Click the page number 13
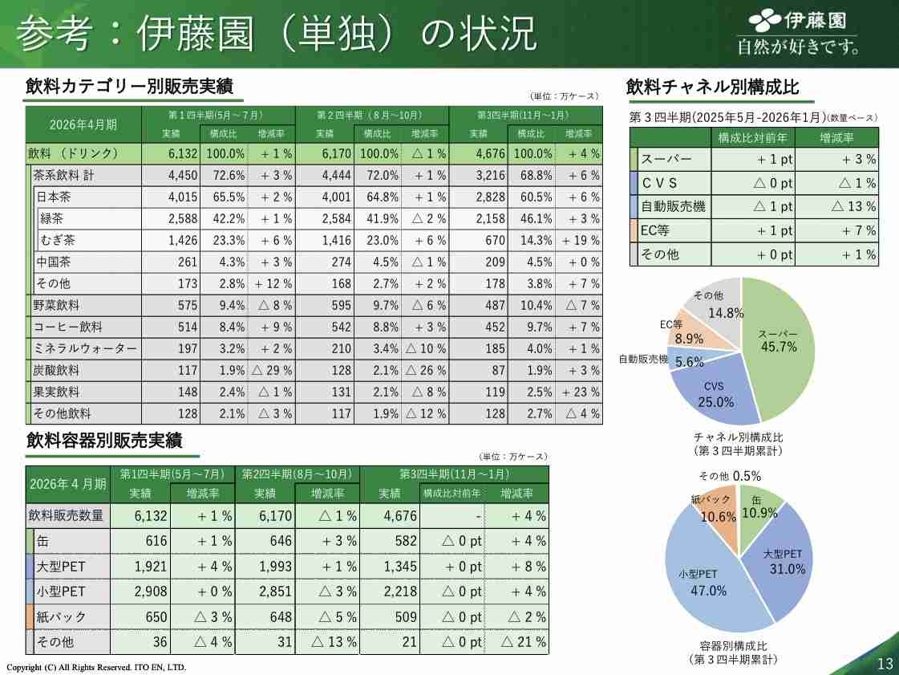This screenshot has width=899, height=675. (x=885, y=663)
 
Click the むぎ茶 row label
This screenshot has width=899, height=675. (x=59, y=240)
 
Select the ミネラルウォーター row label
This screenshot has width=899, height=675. (x=84, y=348)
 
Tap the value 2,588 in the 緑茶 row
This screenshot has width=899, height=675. (x=168, y=218)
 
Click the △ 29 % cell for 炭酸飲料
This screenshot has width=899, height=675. (x=271, y=370)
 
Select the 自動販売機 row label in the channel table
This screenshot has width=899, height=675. (x=674, y=206)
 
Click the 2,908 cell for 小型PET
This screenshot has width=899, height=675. (x=150, y=592)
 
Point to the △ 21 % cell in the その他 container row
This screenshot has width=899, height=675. (x=523, y=642)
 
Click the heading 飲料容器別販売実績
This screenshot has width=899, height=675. (x=104, y=441)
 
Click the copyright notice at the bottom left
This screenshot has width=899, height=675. (x=96, y=667)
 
